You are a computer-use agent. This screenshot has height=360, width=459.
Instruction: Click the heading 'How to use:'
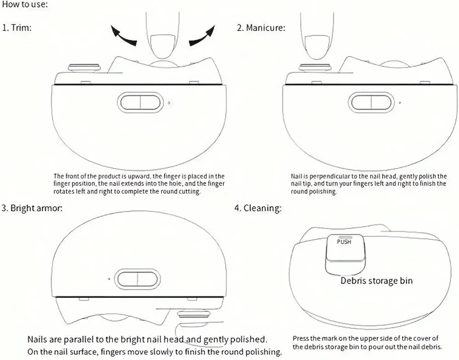[24, 5]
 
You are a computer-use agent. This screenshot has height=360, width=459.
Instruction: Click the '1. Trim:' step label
[17, 28]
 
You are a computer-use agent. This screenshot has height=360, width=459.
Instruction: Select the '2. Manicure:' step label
[261, 28]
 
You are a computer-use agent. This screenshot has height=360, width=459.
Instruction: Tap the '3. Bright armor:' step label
[32, 208]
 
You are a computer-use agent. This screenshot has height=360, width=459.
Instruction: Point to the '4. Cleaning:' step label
[258, 208]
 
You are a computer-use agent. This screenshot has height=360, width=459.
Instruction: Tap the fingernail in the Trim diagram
[162, 46]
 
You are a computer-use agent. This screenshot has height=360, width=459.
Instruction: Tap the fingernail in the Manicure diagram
[317, 47]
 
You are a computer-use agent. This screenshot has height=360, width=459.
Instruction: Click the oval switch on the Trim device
[140, 102]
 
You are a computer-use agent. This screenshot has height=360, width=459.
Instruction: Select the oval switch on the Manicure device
[371, 102]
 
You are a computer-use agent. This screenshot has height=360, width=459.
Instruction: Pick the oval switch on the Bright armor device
[137, 279]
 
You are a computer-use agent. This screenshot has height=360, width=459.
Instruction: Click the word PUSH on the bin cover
[344, 242]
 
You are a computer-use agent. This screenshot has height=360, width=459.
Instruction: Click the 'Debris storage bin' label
[376, 281]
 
